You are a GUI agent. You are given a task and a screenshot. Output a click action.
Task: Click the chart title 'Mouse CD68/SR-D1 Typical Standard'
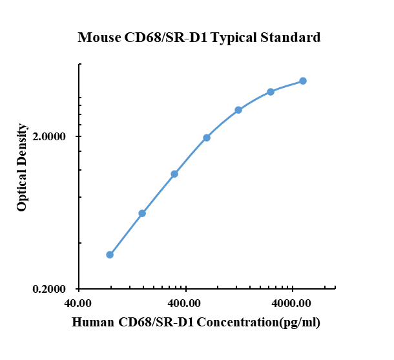(x=199, y=37)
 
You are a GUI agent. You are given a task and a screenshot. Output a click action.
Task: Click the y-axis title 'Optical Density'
(x=23, y=167)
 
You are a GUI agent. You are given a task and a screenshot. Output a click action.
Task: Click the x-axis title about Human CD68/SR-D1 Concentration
(x=196, y=322)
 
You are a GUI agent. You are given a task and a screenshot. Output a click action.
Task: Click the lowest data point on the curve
(x=110, y=255)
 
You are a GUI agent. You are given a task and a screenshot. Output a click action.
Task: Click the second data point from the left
(x=142, y=213)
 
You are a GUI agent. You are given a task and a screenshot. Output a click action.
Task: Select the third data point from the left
(x=174, y=174)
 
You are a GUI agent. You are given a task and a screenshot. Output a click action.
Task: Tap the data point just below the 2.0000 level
(x=207, y=138)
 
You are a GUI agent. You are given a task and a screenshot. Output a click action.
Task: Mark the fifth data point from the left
(x=238, y=110)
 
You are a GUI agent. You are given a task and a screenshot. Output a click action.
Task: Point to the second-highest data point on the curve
(x=271, y=92)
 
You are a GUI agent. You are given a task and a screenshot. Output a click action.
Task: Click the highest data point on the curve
(x=303, y=81)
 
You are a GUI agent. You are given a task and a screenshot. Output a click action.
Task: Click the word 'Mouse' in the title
(x=98, y=37)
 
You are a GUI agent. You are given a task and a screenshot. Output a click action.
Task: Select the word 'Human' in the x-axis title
(x=92, y=322)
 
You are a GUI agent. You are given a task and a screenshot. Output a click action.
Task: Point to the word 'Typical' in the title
(x=236, y=37)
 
